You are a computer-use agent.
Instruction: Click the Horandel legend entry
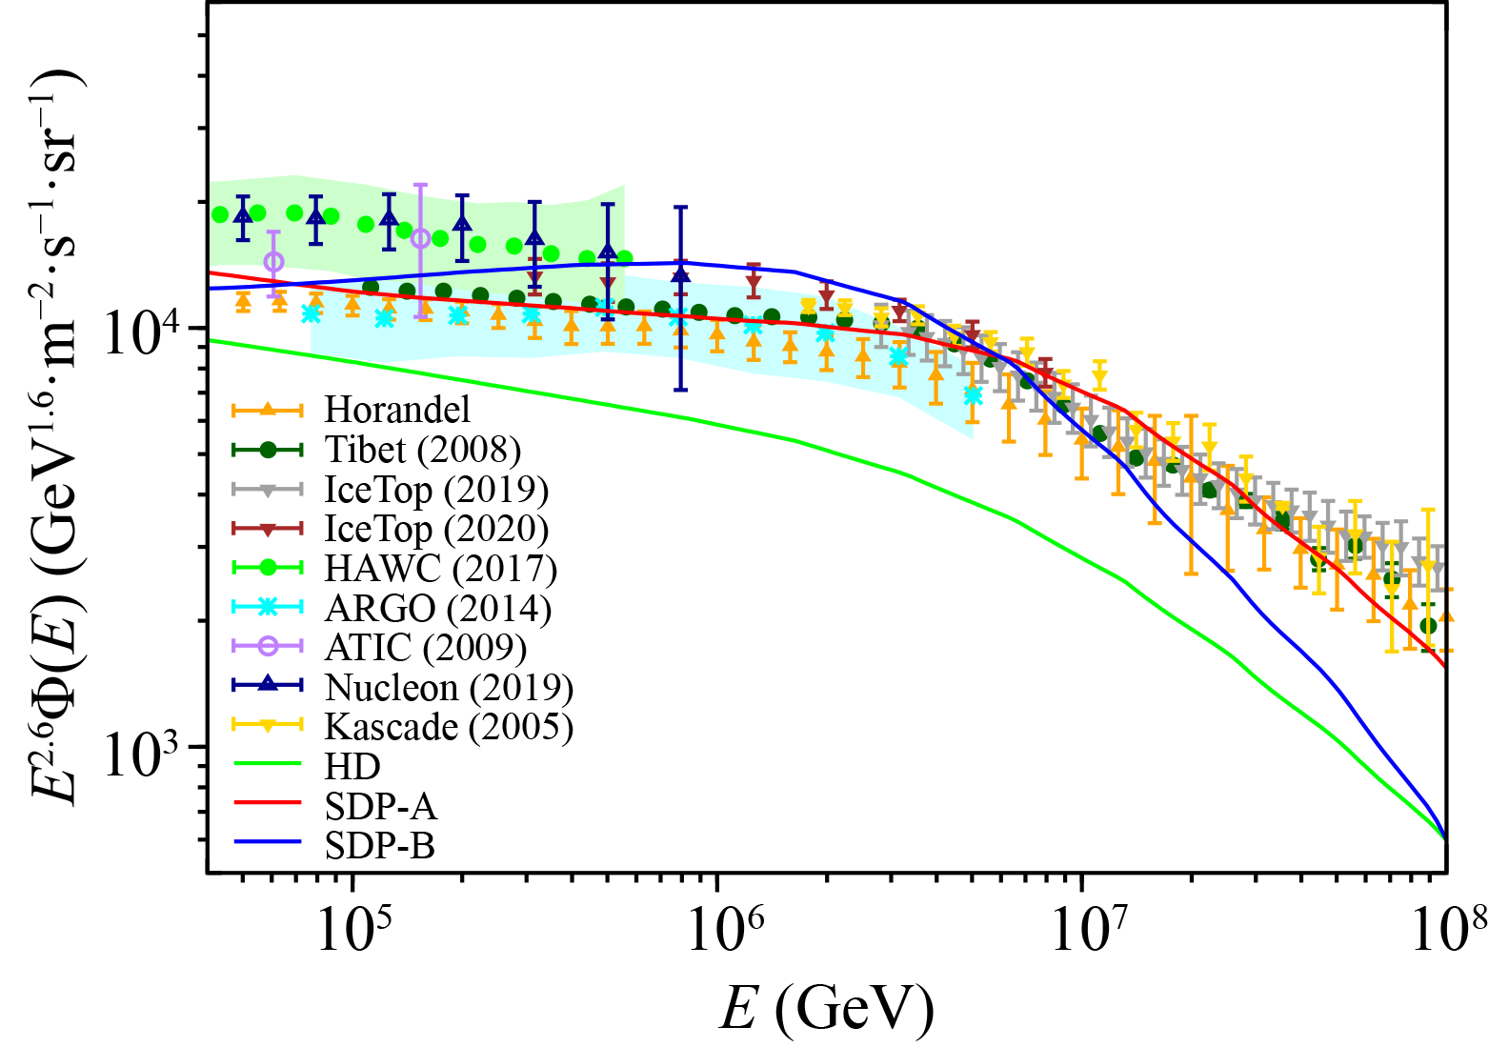[x=397, y=410]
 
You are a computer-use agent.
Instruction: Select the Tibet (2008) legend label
[x=423, y=450]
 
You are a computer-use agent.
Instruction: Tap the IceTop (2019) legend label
[x=436, y=490]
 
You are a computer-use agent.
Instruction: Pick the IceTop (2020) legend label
[x=436, y=529]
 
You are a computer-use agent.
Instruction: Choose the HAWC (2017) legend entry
[x=440, y=569]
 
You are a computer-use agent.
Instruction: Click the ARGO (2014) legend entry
[x=437, y=608]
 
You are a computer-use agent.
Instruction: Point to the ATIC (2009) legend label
[x=426, y=648]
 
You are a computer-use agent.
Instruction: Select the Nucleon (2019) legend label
[x=449, y=687]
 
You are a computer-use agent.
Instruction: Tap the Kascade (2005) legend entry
[x=449, y=727]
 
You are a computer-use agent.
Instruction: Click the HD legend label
[x=352, y=767]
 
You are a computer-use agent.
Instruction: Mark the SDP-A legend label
[x=380, y=807]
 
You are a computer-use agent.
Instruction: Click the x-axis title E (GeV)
[x=826, y=1008]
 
